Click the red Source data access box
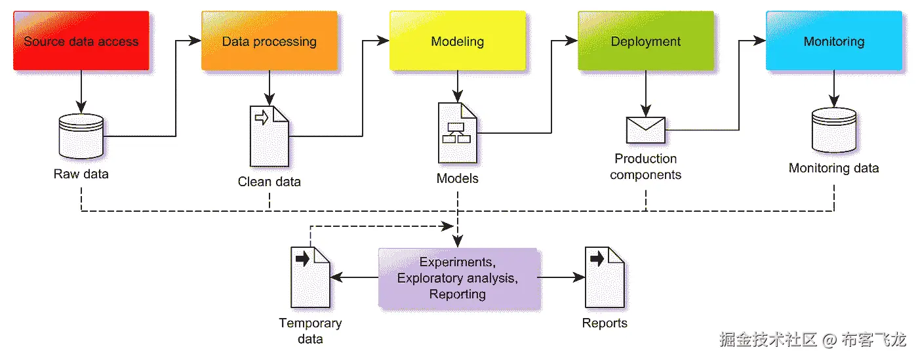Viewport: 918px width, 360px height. tap(81, 41)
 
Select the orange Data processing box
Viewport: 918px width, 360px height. tap(269, 41)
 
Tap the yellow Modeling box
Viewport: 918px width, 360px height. tap(457, 41)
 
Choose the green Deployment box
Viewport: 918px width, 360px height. tap(645, 41)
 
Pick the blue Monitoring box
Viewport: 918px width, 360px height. tap(833, 41)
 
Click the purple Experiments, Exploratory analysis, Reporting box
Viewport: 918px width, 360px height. tap(458, 278)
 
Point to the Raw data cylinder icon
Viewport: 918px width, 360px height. tap(81, 134)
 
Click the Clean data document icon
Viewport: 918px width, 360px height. tap(269, 136)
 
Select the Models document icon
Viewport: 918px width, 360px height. tap(457, 132)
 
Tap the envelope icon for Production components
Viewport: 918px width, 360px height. tap(646, 130)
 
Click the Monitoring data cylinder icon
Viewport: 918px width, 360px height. tap(833, 130)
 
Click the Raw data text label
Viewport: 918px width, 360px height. tap(81, 174)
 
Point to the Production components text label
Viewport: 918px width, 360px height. tap(646, 167)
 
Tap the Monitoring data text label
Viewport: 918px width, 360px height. tap(833, 168)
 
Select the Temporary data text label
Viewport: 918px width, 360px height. tap(310, 330)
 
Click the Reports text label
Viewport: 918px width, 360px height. tap(605, 323)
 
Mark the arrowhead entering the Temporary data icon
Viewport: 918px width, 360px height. tap(335, 277)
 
